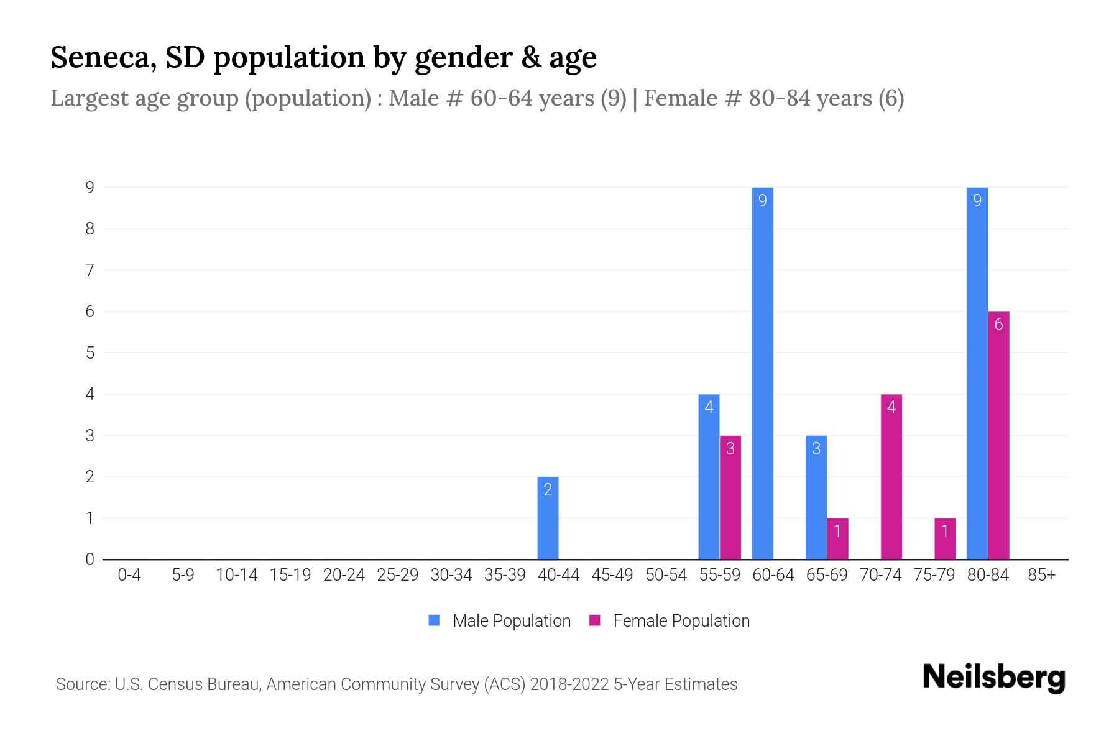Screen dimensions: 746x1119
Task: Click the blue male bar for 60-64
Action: (x=762, y=373)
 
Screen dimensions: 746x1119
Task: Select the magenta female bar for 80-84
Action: (x=998, y=435)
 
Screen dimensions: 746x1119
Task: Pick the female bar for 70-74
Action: (x=891, y=477)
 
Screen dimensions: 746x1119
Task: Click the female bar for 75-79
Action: (x=944, y=539)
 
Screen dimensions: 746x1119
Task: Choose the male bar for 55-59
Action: (x=709, y=477)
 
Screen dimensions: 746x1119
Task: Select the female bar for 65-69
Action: (x=837, y=539)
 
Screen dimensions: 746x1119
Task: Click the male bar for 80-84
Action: (x=977, y=373)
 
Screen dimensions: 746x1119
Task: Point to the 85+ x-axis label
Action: (x=1041, y=575)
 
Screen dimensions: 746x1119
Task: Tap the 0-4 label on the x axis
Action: (x=129, y=575)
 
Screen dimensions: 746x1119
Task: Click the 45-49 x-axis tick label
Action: (x=612, y=575)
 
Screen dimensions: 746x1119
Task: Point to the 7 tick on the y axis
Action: (x=90, y=270)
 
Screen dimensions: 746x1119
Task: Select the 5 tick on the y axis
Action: (x=90, y=352)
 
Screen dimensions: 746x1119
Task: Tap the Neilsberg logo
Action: (x=993, y=678)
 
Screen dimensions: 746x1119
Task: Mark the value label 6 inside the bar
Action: (x=998, y=325)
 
